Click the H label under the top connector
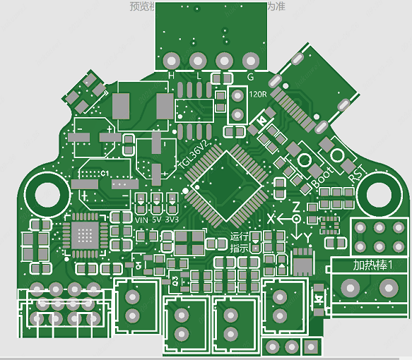[171, 75]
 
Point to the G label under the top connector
[250, 76]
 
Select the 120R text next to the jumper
[258, 94]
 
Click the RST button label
[356, 172]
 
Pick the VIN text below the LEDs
[142, 220]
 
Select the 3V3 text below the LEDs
[172, 220]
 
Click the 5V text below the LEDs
[157, 220]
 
